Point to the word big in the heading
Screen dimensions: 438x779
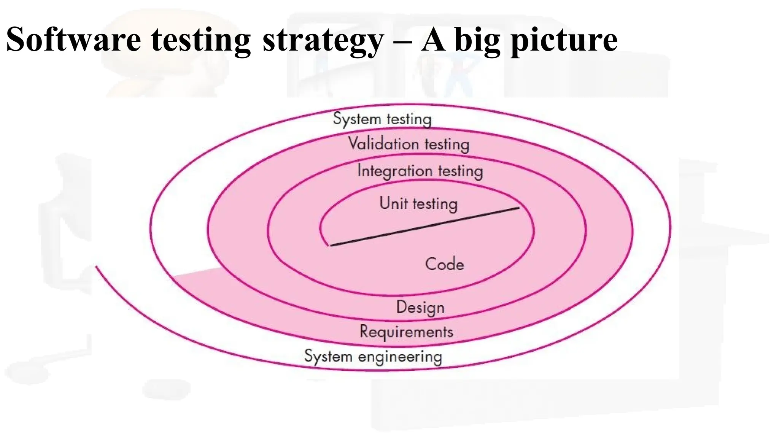point(477,40)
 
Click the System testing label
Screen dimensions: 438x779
point(382,119)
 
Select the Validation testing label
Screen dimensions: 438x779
point(409,144)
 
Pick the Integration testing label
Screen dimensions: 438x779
point(420,171)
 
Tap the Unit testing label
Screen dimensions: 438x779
point(418,203)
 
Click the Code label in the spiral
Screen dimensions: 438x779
point(445,264)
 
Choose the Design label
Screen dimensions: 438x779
point(420,307)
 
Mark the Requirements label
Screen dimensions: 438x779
point(406,332)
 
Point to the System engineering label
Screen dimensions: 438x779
point(373,357)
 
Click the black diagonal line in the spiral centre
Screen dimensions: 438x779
point(424,227)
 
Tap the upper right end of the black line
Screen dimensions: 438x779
point(519,208)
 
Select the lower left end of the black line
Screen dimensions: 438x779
point(331,246)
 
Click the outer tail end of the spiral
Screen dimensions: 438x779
point(97,267)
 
